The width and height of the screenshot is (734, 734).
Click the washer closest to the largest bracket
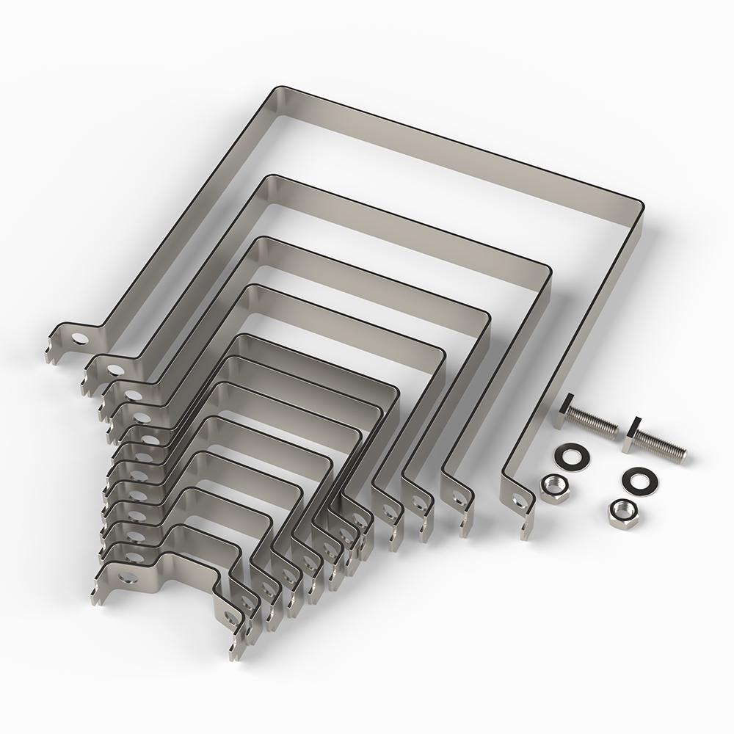coord(568,455)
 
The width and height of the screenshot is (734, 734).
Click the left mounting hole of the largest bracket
coord(78,339)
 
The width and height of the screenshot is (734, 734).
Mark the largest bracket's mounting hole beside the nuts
coord(520,502)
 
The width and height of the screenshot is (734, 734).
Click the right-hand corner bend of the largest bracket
coord(637,206)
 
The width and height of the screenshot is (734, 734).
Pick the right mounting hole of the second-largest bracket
coord(459,498)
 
